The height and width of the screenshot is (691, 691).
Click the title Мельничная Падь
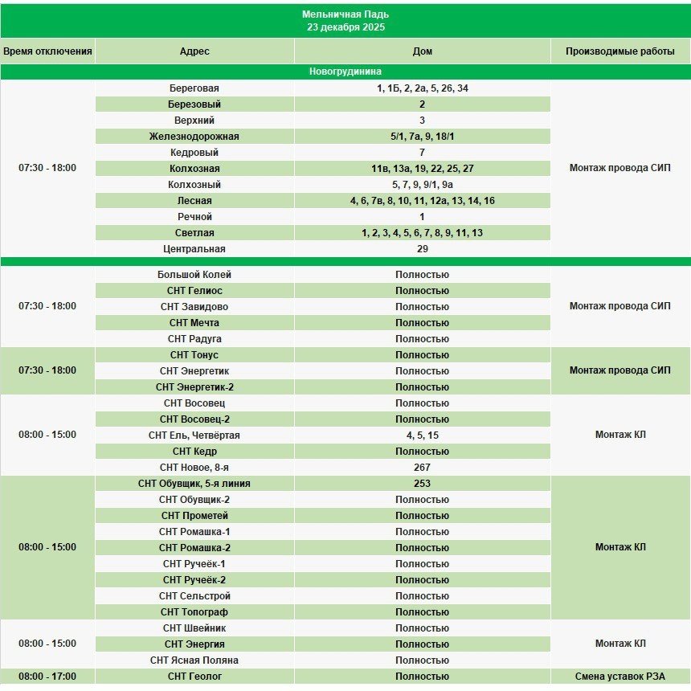click(345, 14)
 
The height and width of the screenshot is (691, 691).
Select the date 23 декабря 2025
click(345, 27)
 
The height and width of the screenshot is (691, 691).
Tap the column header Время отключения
click(47, 51)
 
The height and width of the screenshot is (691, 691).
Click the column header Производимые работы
click(619, 51)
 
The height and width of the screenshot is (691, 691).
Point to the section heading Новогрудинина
click(345, 72)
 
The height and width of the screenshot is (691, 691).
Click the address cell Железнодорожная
click(194, 137)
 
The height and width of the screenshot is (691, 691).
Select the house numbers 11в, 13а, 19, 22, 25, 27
click(422, 169)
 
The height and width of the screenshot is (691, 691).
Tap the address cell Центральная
click(194, 249)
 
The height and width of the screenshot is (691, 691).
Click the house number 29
click(422, 249)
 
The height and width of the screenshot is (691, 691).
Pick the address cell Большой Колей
click(194, 275)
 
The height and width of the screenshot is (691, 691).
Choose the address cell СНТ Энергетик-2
click(194, 387)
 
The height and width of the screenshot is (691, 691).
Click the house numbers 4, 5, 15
click(422, 435)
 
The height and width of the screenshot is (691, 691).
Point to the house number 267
click(422, 468)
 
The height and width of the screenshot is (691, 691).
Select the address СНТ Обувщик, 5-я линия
click(194, 484)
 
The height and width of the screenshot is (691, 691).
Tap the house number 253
click(422, 484)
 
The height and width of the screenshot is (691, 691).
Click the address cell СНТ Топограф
click(194, 612)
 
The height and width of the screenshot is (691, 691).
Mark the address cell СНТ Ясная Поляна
click(194, 660)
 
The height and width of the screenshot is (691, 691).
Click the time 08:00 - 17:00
click(47, 677)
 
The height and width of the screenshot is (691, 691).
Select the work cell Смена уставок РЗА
click(619, 677)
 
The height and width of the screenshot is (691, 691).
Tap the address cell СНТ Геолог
click(194, 677)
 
